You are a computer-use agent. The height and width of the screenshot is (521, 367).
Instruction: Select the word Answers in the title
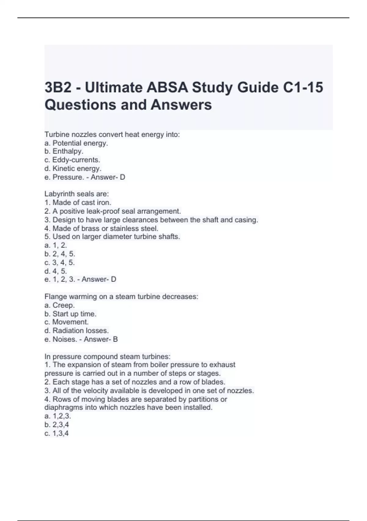181,105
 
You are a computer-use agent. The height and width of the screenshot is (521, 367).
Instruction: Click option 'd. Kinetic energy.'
73,169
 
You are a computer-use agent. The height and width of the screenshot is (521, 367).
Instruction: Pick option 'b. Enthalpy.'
64,151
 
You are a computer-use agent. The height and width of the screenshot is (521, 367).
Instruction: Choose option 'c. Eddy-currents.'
72,160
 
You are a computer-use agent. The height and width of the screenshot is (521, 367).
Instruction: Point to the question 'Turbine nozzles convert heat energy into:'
112,134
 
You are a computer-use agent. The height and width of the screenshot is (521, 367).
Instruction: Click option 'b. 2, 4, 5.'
60,254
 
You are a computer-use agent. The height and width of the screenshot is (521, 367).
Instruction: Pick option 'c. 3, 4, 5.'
60,263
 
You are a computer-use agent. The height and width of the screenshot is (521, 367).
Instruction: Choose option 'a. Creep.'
59,305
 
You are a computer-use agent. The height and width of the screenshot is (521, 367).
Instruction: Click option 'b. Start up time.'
70,314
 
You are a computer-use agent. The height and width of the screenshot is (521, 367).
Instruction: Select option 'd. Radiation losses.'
76,331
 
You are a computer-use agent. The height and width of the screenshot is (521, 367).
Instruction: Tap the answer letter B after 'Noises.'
115,339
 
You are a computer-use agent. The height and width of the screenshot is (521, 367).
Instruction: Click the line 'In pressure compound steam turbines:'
107,357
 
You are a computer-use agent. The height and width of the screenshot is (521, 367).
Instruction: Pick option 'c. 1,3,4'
57,433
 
